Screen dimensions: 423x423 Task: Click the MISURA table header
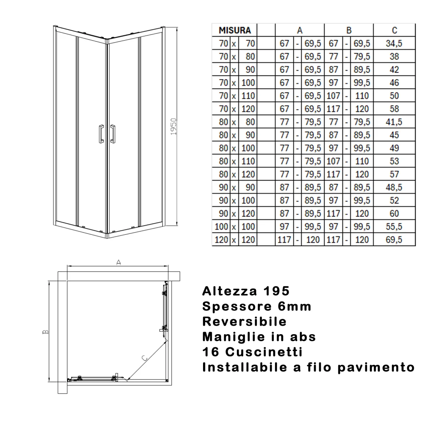[234, 30]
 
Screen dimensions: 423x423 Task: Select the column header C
[394, 30]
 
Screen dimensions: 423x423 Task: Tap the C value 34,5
[394, 43]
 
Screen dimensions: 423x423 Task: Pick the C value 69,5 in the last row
[394, 240]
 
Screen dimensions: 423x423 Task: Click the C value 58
[394, 109]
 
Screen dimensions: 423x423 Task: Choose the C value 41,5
[394, 122]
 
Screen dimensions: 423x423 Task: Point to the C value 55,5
[394, 227]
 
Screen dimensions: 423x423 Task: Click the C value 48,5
[394, 187]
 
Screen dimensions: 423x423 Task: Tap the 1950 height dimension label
[173, 126]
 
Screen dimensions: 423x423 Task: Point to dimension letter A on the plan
[119, 262]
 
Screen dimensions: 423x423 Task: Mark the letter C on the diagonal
[144, 358]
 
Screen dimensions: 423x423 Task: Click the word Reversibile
[244, 321]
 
